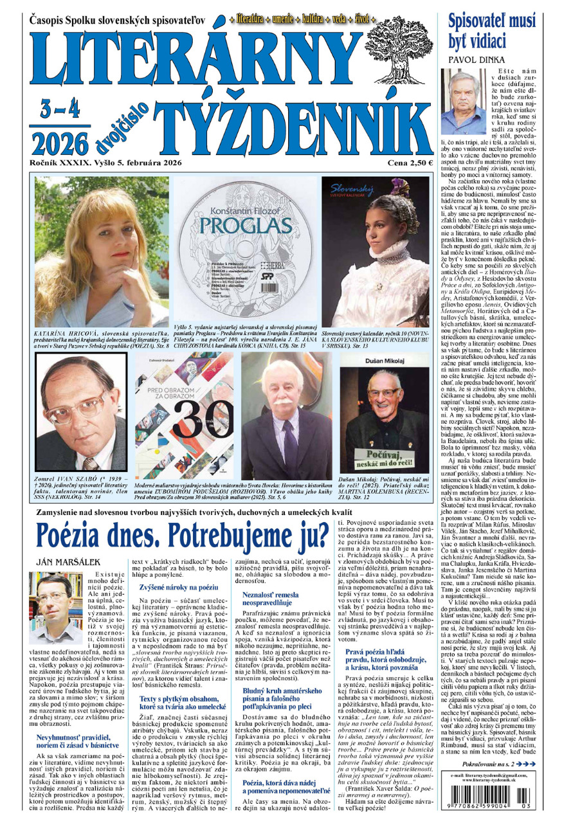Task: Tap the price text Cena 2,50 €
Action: click(410, 163)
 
